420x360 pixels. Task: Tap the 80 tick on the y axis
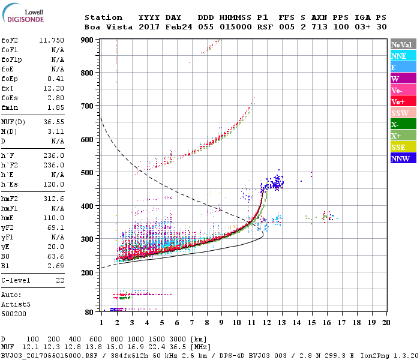coord(89,312)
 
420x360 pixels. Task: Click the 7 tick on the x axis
coord(192,323)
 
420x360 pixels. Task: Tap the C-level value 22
coord(59,280)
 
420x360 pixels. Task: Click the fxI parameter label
coord(8,88)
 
